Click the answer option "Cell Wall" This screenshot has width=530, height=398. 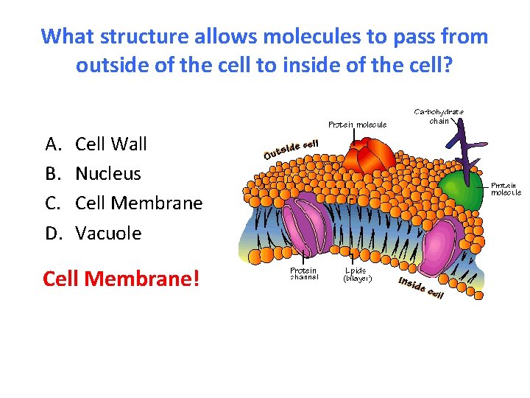pyautogui.click(x=111, y=144)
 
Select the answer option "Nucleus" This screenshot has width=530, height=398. pyautogui.click(x=107, y=174)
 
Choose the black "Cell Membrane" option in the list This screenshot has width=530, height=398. pyautogui.click(x=138, y=203)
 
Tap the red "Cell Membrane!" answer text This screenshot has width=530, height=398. pyautogui.click(x=121, y=279)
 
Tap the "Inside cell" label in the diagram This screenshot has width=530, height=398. pyautogui.click(x=420, y=287)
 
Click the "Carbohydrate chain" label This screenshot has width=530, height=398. pyautogui.click(x=439, y=116)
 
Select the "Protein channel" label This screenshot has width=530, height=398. pyautogui.click(x=303, y=273)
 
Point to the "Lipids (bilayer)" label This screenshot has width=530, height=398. pyautogui.click(x=358, y=274)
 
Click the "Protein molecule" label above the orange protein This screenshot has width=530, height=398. pyautogui.click(x=357, y=125)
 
